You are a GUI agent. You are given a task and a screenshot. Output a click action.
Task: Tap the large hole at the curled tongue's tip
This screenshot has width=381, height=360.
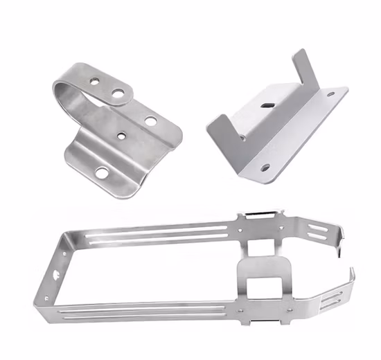click(118, 92)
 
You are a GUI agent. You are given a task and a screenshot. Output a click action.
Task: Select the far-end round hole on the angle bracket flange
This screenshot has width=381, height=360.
click(330, 93)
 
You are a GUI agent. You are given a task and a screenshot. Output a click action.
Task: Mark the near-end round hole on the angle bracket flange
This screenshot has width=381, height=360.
click(265, 166)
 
